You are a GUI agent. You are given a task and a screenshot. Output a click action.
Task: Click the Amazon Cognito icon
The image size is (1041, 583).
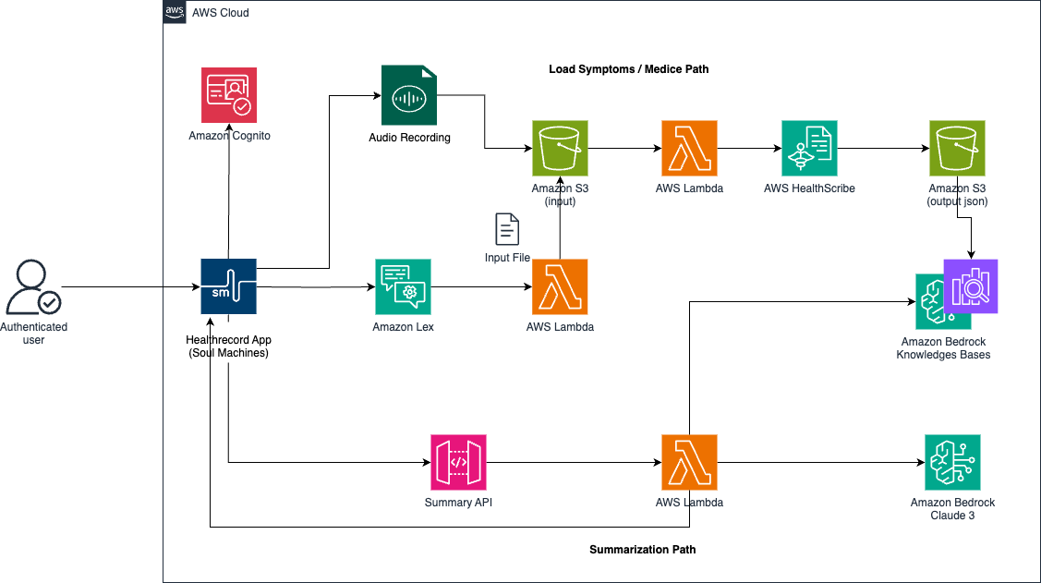230,94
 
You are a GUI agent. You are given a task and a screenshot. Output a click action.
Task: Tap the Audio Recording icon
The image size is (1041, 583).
409,94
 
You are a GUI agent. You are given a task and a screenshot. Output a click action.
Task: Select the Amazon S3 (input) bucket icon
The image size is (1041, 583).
560,148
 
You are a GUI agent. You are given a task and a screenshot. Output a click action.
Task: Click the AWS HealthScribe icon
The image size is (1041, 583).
809,148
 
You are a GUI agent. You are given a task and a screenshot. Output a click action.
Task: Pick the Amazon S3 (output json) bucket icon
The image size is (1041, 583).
957,148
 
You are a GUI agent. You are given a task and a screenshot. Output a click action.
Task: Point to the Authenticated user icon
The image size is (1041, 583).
33,288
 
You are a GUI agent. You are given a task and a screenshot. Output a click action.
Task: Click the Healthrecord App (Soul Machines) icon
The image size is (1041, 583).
228,287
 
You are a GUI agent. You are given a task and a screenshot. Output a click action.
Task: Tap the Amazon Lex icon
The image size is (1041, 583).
403,287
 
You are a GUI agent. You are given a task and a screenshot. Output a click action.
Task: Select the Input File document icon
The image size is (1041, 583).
507,229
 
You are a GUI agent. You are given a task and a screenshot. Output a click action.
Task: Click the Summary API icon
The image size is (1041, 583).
458,462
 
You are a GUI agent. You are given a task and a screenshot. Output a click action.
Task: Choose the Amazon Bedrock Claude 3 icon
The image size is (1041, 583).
952,462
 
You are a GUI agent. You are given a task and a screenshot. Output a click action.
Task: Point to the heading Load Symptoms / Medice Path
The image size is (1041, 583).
629,69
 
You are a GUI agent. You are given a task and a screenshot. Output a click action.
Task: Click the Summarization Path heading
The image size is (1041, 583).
642,550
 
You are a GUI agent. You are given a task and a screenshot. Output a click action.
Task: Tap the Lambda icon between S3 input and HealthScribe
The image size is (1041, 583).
688,148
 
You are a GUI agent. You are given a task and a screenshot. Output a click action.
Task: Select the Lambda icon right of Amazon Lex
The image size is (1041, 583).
560,287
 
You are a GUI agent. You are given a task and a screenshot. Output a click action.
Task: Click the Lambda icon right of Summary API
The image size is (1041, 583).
688,462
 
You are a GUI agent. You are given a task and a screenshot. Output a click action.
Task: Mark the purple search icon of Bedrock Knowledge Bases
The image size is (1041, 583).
971,286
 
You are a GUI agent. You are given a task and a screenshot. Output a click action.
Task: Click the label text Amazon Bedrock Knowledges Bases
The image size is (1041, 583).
943,348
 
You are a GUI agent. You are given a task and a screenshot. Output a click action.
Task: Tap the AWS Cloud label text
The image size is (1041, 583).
220,13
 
